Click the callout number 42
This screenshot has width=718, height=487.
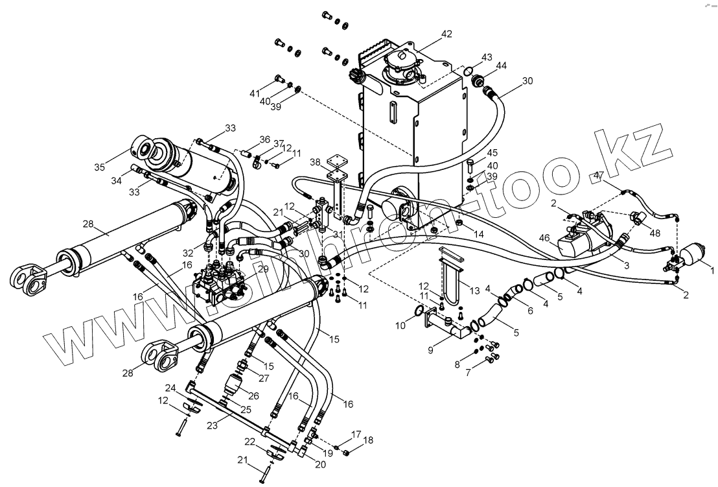pos(446,34)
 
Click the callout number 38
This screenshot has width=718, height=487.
pos(314,161)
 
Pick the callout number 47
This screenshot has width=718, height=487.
pos(598,176)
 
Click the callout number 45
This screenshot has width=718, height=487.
pos(492,153)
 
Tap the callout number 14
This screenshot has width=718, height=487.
pos(478,233)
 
